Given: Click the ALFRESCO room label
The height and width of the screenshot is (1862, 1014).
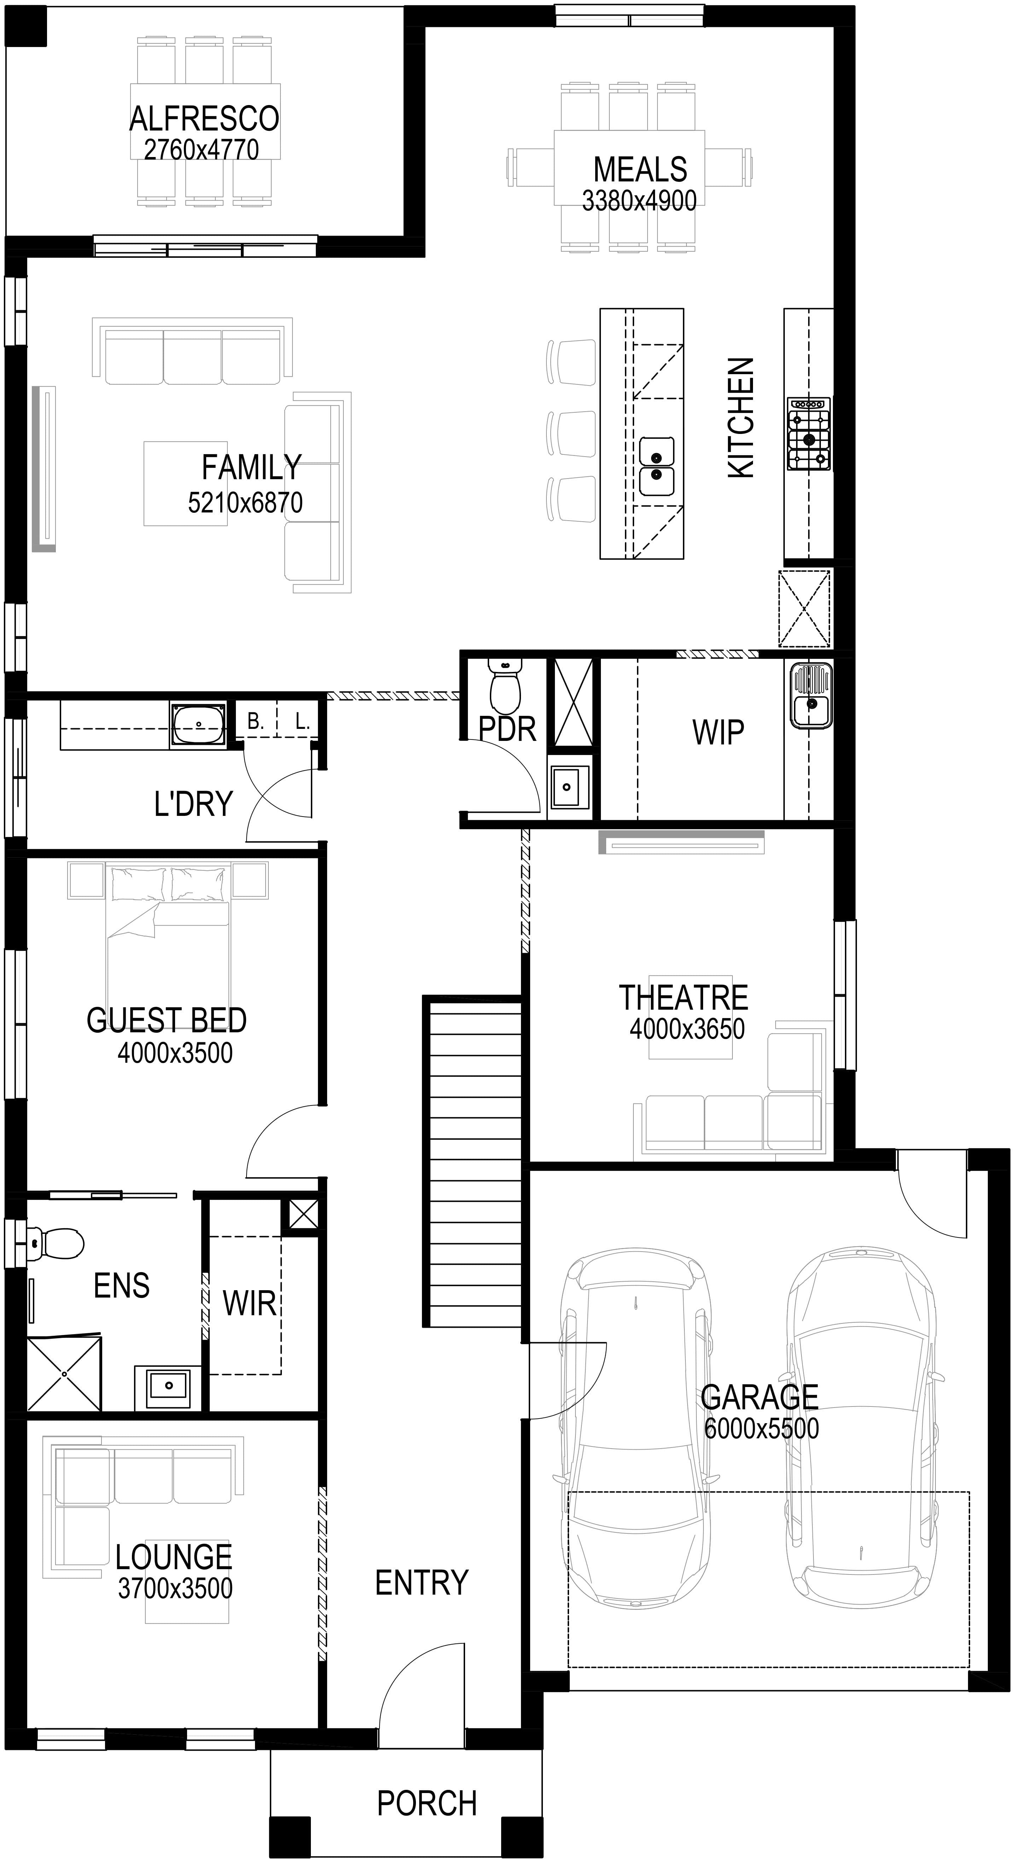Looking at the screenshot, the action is (x=204, y=118).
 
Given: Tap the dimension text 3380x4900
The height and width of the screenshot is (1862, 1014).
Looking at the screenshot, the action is (x=639, y=200).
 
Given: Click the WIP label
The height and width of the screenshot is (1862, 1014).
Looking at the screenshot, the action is (x=718, y=732).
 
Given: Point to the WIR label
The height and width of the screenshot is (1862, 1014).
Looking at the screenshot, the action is (x=249, y=1303).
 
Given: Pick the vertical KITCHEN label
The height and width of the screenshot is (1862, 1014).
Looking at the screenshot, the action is (x=741, y=418).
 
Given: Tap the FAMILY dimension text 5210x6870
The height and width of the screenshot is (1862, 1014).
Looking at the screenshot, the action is (x=245, y=502).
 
